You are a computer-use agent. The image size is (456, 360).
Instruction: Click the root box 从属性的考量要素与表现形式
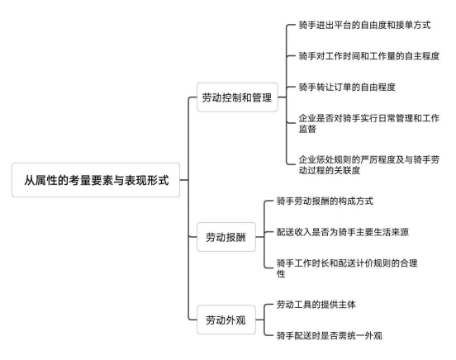pyautogui.click(x=96, y=180)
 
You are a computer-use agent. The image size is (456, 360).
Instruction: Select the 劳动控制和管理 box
pyautogui.click(x=237, y=97)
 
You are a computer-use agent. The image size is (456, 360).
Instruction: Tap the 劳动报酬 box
pyautogui.click(x=226, y=237)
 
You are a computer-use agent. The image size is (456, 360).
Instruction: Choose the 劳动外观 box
pyautogui.click(x=226, y=320)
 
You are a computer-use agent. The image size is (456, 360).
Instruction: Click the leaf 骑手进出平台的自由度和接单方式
pyautogui.click(x=364, y=25)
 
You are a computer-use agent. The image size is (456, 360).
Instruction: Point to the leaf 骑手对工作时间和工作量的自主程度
pyautogui.click(x=369, y=56)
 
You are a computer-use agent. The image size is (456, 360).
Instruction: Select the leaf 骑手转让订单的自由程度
pyautogui.click(x=347, y=87)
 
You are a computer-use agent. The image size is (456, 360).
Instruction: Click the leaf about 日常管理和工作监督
pyautogui.click(x=369, y=123)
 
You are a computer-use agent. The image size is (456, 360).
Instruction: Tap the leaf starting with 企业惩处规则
pyautogui.click(x=369, y=164)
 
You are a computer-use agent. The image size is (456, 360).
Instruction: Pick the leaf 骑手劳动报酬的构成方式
pyautogui.click(x=325, y=201)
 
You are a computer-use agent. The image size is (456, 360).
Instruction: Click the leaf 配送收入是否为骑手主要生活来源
pyautogui.click(x=343, y=232)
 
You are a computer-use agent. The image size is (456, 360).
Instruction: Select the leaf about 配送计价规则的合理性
pyautogui.click(x=347, y=268)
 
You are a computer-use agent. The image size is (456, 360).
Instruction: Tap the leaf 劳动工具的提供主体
pyautogui.click(x=316, y=305)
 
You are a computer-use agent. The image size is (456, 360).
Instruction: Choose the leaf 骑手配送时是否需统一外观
pyautogui.click(x=330, y=335)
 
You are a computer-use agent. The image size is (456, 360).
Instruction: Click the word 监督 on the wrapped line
pyautogui.click(x=307, y=129)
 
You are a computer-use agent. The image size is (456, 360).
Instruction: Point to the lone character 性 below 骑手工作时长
pyautogui.click(x=281, y=273)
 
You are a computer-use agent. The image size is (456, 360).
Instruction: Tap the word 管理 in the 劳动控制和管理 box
pyautogui.click(x=262, y=97)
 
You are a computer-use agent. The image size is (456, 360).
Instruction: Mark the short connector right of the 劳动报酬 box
pyautogui.click(x=259, y=237)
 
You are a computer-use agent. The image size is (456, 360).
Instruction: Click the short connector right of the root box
pyautogui.click(x=184, y=180)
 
